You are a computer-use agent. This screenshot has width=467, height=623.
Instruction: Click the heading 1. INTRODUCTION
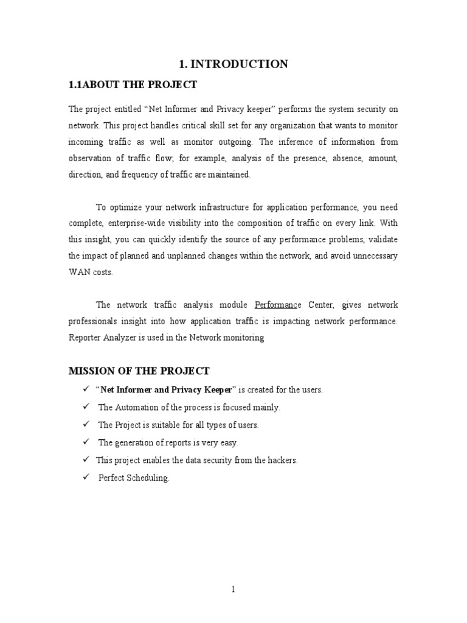(x=233, y=64)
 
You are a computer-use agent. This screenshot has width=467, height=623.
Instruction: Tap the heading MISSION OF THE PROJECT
(x=139, y=371)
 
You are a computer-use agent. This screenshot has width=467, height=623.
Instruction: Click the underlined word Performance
(x=277, y=304)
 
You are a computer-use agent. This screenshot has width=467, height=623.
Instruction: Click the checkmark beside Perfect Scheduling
(x=86, y=478)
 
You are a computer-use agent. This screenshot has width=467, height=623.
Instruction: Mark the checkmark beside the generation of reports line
(x=86, y=442)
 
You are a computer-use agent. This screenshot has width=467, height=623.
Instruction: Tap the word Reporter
(x=83, y=337)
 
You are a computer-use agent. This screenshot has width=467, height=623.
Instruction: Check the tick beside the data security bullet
(x=86, y=459)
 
